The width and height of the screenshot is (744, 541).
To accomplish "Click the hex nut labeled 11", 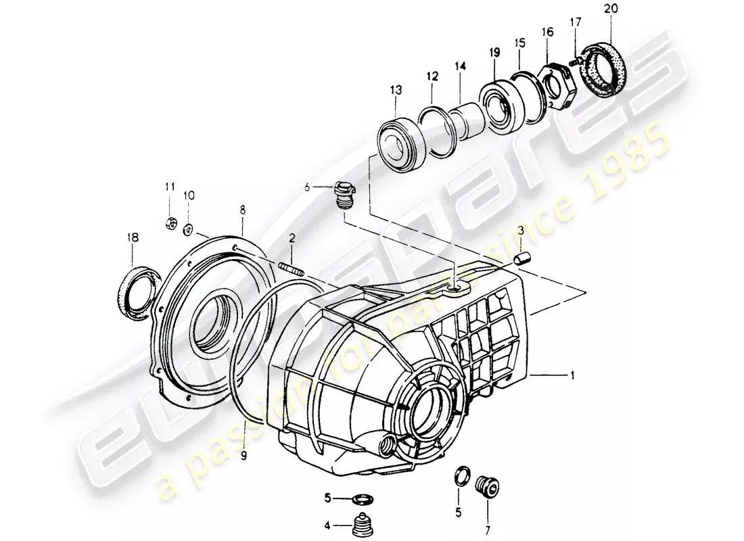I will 171,221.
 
